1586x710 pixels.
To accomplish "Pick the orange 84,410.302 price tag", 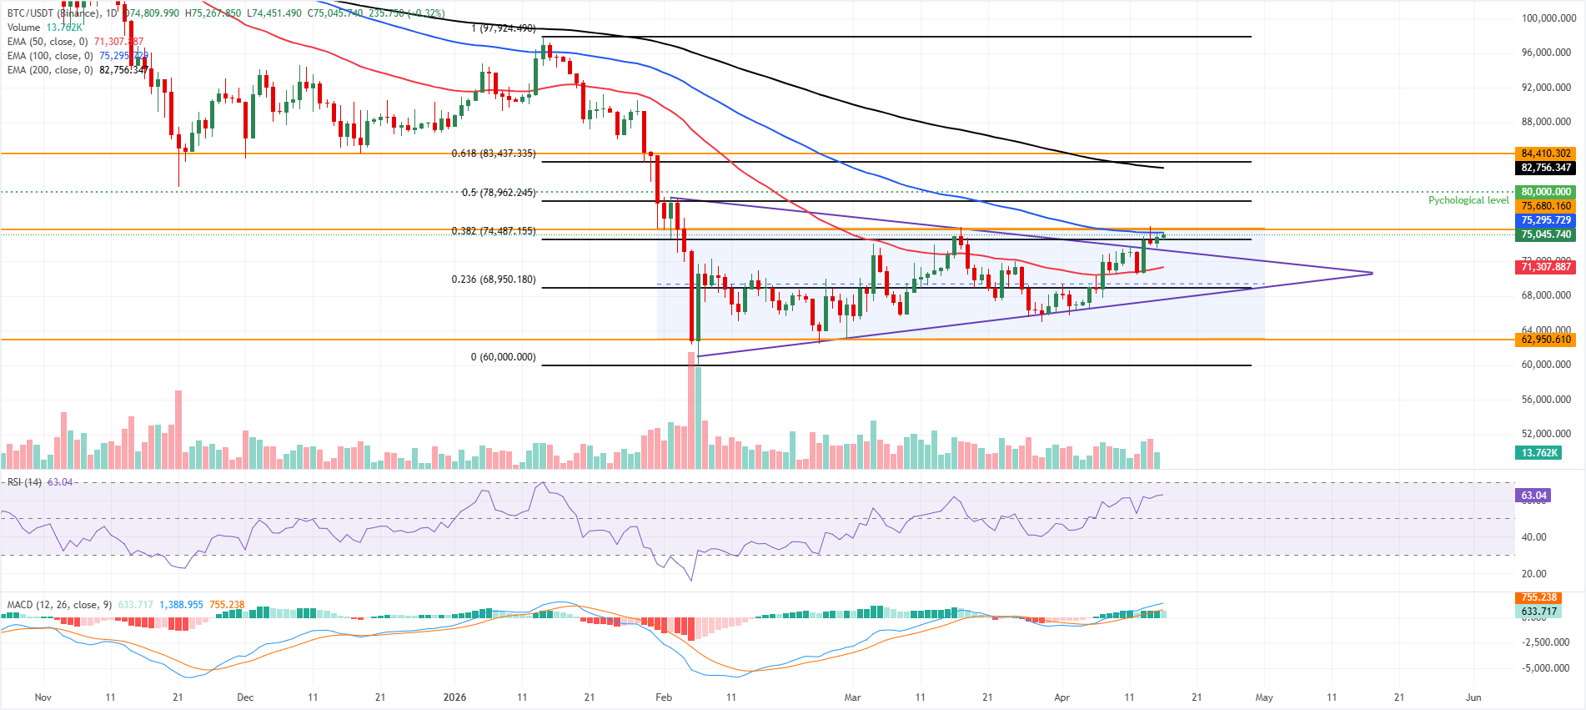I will tap(1545, 154).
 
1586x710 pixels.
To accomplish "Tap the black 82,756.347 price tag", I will tap(1545, 168).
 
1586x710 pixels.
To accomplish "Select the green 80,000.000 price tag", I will tap(1545, 192).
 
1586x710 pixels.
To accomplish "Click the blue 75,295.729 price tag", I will tap(1545, 220).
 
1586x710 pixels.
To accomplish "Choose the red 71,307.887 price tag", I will tap(1545, 267).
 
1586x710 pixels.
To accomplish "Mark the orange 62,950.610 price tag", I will tap(1545, 340).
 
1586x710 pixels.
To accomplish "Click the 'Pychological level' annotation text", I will tap(1468, 200).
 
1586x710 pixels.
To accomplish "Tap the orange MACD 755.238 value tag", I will tap(1538, 597).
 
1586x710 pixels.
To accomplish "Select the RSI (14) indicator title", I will tap(24, 482).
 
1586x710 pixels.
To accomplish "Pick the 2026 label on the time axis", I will tap(454, 697).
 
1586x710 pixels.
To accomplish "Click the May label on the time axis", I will tap(1264, 697).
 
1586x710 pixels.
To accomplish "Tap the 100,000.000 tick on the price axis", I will tap(1548, 18).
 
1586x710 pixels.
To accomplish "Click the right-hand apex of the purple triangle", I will tap(1372, 273).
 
